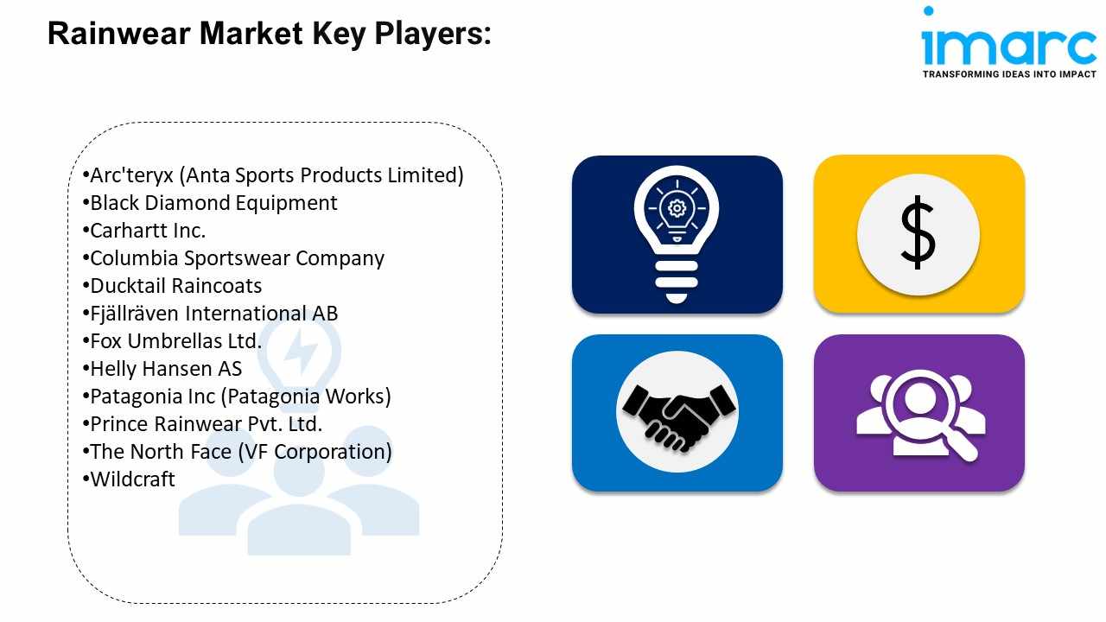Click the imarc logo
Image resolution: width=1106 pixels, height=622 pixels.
click(x=1008, y=42)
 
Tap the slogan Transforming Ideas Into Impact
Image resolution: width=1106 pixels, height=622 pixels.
click(x=1009, y=74)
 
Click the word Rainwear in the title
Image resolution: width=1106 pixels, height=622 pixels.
click(x=119, y=34)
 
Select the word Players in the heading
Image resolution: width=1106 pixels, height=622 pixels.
click(x=433, y=35)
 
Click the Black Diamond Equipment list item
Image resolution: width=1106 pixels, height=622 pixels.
click(x=213, y=203)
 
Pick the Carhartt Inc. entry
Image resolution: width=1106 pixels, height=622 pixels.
click(x=148, y=231)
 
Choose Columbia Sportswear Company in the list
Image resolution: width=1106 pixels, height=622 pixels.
click(x=237, y=258)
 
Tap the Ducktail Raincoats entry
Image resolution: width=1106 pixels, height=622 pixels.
click(x=175, y=286)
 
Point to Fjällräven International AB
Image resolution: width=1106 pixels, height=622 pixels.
click(x=213, y=314)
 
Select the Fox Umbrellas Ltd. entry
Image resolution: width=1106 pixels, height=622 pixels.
click(x=175, y=341)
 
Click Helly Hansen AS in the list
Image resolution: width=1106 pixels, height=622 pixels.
click(x=166, y=369)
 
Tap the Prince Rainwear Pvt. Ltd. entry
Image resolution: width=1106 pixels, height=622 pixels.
click(x=206, y=424)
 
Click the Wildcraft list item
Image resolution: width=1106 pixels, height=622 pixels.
click(x=132, y=479)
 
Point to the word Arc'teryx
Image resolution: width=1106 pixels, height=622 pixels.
click(x=131, y=175)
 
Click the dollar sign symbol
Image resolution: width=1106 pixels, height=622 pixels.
click(x=918, y=232)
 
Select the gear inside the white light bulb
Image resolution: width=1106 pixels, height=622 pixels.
click(x=677, y=208)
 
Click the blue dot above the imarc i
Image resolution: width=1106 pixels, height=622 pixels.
click(x=928, y=11)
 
